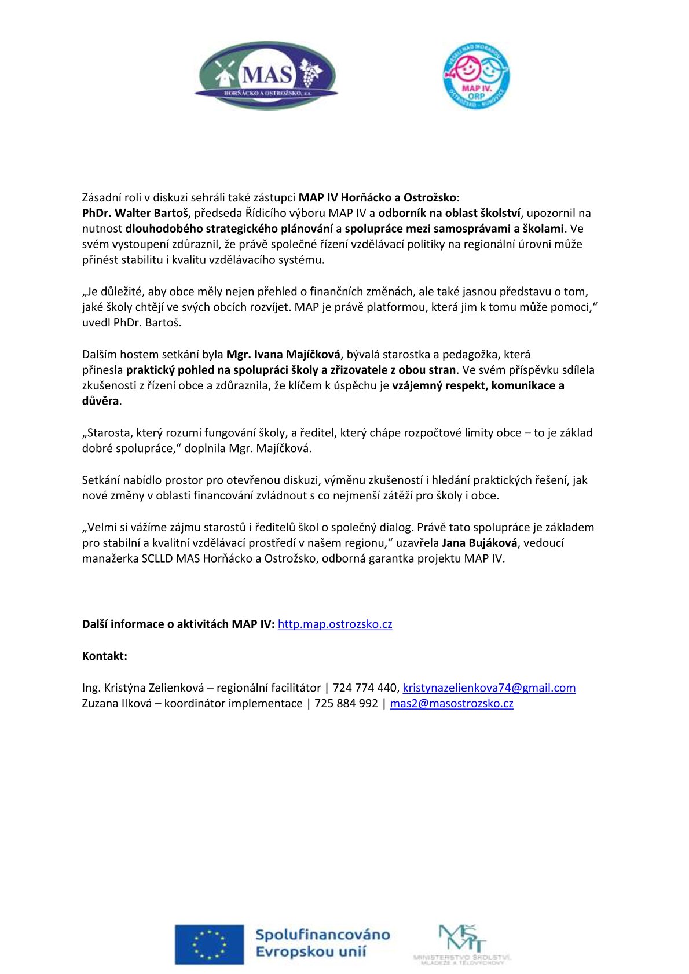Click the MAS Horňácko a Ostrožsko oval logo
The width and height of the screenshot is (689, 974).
(266, 76)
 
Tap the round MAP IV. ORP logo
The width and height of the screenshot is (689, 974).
(475, 78)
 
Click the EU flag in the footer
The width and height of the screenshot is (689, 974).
(210, 944)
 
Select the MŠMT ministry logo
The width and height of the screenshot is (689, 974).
(463, 944)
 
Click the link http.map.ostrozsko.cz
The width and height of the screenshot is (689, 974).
(335, 624)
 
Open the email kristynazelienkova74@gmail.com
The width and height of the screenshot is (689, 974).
(489, 688)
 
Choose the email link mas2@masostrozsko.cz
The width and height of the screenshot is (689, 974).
(452, 704)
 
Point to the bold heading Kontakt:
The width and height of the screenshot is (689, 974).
(105, 656)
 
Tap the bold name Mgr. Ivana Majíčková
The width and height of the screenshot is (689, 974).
(284, 354)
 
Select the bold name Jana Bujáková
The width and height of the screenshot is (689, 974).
(479, 543)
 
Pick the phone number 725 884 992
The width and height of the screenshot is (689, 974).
(346, 704)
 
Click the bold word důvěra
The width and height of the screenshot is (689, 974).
(100, 401)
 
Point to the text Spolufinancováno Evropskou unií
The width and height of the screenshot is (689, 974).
(322, 943)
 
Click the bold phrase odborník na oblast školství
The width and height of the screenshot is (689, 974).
(449, 213)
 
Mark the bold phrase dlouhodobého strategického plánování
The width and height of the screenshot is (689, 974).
(229, 229)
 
